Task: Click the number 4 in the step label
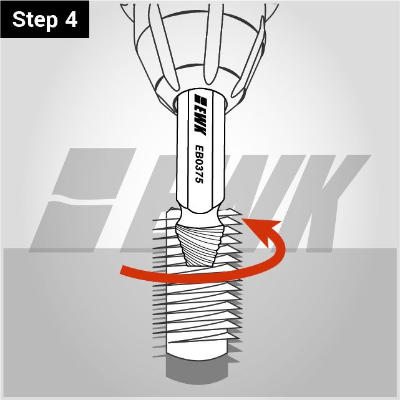pos(71,19)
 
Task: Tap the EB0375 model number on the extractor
pos(199,164)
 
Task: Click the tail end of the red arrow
pos(122,270)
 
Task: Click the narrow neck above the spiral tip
pos(200,217)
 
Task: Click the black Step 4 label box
pos(45,19)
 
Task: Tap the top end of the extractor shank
pos(200,91)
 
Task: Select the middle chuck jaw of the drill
pos(212,43)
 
